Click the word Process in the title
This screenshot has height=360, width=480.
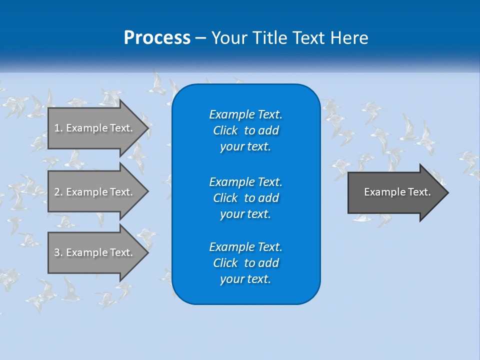pyautogui.click(x=157, y=38)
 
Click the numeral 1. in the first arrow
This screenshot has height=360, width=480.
pyautogui.click(x=58, y=128)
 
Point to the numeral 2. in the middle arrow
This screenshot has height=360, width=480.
pyautogui.click(x=58, y=192)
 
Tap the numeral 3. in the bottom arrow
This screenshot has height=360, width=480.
pyautogui.click(x=58, y=252)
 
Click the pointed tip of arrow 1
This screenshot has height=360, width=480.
pyautogui.click(x=147, y=128)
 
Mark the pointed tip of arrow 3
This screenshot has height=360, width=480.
pyautogui.click(x=147, y=252)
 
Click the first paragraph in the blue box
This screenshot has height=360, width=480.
pyautogui.click(x=245, y=130)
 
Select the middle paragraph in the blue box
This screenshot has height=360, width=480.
pyautogui.click(x=245, y=198)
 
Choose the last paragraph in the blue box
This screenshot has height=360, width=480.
pyautogui.click(x=245, y=263)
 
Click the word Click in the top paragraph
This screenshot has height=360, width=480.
pyautogui.click(x=225, y=130)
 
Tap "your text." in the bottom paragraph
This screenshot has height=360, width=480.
pyautogui.click(x=245, y=279)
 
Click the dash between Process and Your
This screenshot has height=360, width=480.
pyautogui.click(x=200, y=38)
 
